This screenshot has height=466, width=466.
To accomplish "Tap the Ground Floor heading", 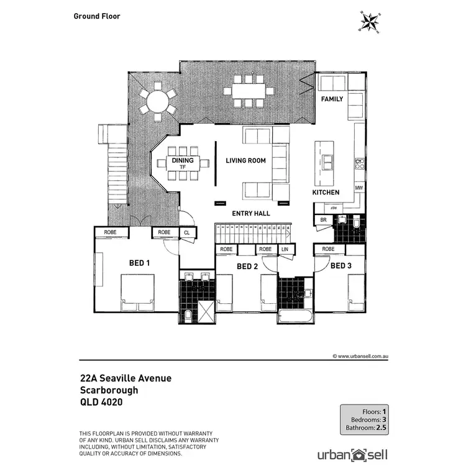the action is [x=96, y=16].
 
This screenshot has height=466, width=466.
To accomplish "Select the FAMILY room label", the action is [x=332, y=99].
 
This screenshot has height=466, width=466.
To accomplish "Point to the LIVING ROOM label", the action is [x=245, y=161].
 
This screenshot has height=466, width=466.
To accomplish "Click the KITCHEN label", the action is [x=326, y=193].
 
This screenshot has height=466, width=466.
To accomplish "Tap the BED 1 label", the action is [x=140, y=263].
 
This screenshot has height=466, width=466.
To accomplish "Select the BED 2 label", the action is [x=247, y=267].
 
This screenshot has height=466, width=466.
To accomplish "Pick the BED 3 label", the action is [x=340, y=266].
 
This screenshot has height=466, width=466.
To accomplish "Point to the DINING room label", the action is [x=183, y=161].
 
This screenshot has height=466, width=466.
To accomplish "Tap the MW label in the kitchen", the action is [x=359, y=188].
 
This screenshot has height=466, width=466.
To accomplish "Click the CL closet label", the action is [x=186, y=233].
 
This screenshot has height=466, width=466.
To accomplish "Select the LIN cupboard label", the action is [x=285, y=250].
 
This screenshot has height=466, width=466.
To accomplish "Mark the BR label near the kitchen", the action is [x=323, y=220].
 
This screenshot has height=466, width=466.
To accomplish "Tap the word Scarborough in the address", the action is [x=109, y=390].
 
